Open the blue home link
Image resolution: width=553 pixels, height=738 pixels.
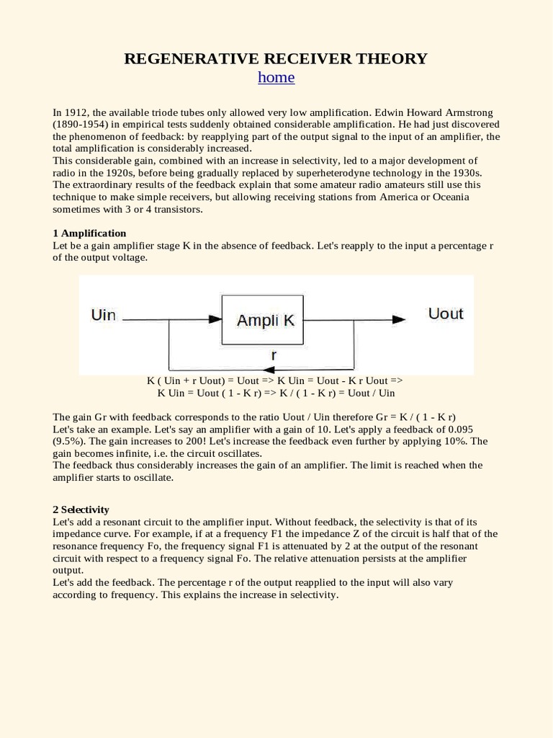point(276,78)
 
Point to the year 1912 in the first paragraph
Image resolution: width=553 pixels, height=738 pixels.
point(75,113)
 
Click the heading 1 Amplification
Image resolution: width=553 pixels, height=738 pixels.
point(89,234)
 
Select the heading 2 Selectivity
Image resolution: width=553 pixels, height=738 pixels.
point(81,510)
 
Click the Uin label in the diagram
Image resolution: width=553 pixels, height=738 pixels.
point(104,315)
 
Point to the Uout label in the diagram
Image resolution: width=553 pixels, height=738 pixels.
point(445,314)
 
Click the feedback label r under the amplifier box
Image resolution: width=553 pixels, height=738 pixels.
point(273,355)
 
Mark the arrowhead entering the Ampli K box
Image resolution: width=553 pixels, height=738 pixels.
point(215,319)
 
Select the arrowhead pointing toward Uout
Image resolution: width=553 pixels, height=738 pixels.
point(397,319)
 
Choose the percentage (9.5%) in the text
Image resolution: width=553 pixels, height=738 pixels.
point(69,441)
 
